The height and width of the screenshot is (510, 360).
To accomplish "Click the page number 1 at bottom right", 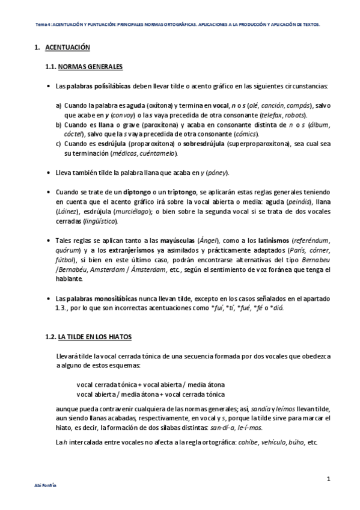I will (329, 479).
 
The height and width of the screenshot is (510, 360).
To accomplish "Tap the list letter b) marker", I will (59, 124).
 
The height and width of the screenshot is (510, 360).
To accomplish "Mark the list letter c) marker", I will (59, 144).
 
